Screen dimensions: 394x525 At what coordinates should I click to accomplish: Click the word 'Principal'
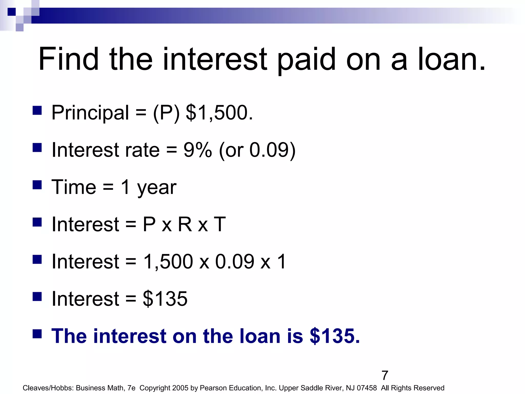tap(90, 113)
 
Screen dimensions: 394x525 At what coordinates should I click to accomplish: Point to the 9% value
tap(198, 150)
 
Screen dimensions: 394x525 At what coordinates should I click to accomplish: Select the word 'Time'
tap(74, 187)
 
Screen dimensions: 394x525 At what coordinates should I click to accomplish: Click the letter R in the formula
tap(185, 224)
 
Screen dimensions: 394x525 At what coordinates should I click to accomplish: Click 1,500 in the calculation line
tap(168, 262)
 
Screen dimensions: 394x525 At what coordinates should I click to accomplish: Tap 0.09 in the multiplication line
tap(235, 262)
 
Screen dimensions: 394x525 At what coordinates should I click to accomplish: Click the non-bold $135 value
tap(165, 299)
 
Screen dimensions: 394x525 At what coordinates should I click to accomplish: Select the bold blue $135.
tap(335, 336)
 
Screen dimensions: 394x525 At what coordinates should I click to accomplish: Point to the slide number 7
tap(385, 376)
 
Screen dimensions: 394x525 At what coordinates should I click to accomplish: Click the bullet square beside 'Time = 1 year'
tap(37, 185)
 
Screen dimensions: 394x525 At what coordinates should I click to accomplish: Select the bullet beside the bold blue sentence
tap(37, 334)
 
